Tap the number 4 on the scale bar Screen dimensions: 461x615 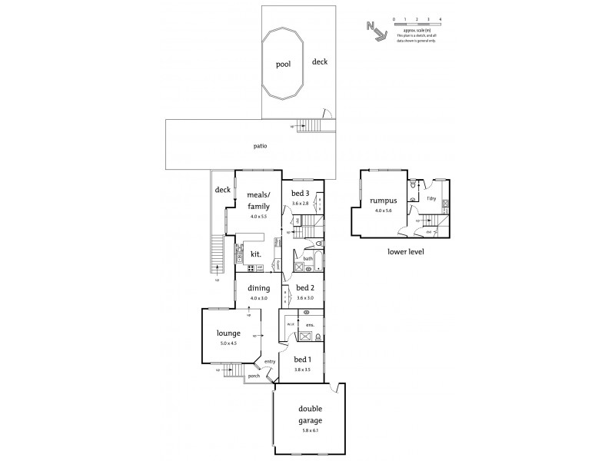[x=440, y=17]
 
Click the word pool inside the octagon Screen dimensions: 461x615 [x=283, y=65]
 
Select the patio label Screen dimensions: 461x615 [x=261, y=147]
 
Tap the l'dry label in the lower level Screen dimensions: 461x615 [x=432, y=198]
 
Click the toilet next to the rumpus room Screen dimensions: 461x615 [x=413, y=185]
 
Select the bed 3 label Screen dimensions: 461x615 [x=300, y=193]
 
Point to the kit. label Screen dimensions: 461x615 [x=255, y=254]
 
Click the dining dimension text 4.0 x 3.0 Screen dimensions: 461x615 [x=258, y=298]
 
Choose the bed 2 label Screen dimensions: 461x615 [x=304, y=289]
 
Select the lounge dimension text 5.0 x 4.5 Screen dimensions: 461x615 [x=228, y=343]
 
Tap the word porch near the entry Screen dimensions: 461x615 [x=254, y=376]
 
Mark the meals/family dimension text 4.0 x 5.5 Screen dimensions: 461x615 [x=258, y=217]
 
